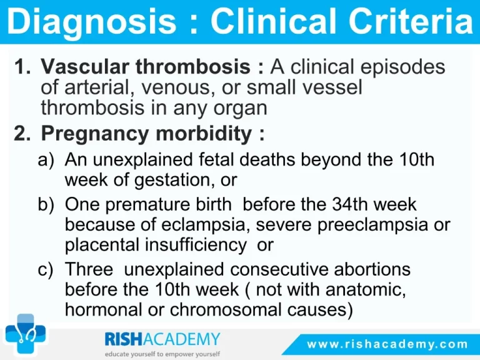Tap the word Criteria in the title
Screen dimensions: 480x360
(x=411, y=21)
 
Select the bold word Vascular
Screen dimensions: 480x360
(x=85, y=66)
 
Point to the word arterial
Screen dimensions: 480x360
(x=97, y=87)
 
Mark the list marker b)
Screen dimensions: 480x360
(x=46, y=204)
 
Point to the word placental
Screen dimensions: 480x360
(x=102, y=246)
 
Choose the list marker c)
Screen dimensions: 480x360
(x=46, y=270)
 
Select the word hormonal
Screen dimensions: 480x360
(x=102, y=310)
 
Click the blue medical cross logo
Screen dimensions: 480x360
(x=26, y=334)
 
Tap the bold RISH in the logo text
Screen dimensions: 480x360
(x=124, y=339)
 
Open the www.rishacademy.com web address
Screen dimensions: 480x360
(x=387, y=344)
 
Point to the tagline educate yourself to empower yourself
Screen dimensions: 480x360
(x=162, y=354)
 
